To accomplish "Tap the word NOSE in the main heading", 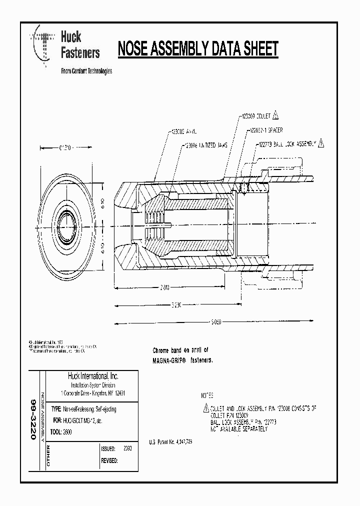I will click(134, 49).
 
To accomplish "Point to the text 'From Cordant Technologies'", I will click(86, 71).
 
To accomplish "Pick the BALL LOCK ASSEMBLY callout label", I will click(287, 143).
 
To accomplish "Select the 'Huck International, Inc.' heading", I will click(92, 376).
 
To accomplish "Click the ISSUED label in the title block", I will click(108, 449).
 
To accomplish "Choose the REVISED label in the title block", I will click(109, 460).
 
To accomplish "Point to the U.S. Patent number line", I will click(170, 442).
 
